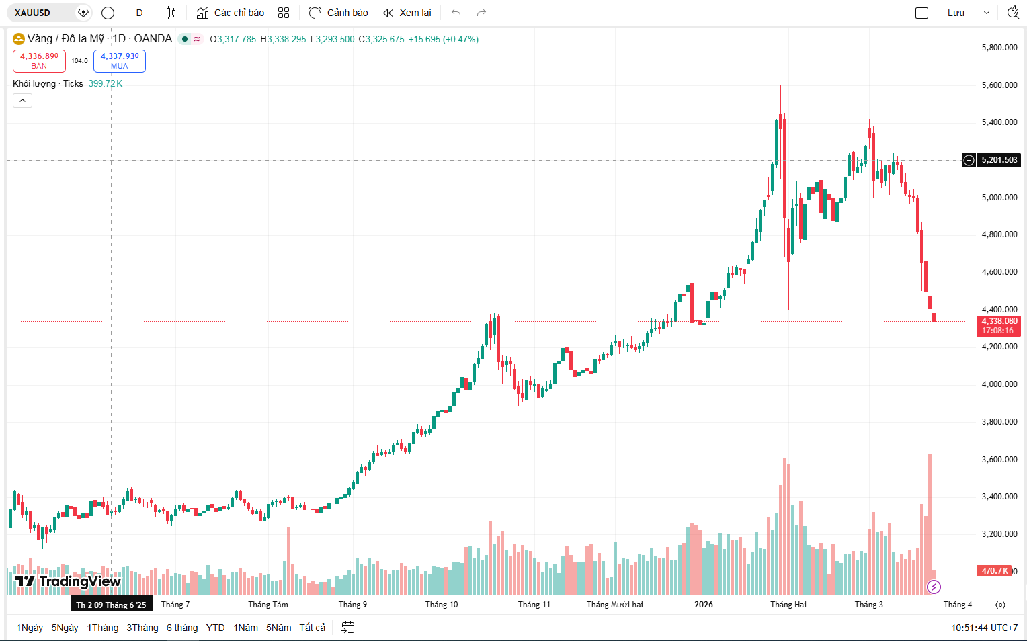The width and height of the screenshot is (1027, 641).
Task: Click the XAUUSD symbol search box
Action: point(40,13)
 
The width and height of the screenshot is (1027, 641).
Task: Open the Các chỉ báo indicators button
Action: point(231,13)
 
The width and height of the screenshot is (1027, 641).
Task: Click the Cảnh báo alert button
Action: point(338,13)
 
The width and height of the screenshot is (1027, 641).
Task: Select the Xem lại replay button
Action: point(407,13)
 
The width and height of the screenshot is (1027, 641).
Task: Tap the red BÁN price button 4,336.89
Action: point(39,60)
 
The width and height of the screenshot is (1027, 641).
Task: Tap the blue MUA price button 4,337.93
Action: point(120,60)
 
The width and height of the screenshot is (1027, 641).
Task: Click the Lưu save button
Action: point(956,13)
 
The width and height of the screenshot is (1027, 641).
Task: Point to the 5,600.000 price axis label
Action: point(999,85)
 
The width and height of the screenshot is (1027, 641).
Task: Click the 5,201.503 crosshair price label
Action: point(999,160)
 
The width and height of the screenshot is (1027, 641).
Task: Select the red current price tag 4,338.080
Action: point(999,325)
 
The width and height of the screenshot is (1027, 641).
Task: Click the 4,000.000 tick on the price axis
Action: point(999,384)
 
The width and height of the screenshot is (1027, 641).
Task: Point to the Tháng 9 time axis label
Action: point(353,605)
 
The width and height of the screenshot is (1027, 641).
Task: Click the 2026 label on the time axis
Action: point(704,605)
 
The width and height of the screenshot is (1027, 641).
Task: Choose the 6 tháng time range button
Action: point(182,628)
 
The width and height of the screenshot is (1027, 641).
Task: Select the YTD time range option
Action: point(215,628)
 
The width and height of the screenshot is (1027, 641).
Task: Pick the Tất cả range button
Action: point(312,628)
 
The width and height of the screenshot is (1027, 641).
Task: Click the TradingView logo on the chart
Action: point(68,581)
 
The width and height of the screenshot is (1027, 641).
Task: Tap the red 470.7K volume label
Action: point(993,571)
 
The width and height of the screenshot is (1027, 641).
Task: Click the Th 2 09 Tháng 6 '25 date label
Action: point(111,605)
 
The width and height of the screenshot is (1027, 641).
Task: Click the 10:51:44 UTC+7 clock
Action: point(984,628)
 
